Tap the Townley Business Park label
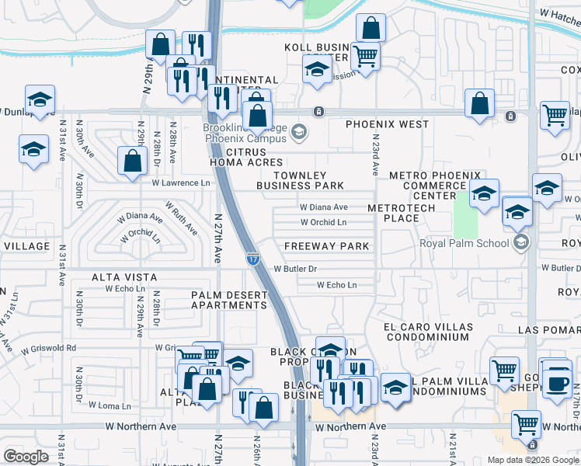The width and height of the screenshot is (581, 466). [300, 181]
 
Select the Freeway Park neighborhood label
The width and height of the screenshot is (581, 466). [326, 246]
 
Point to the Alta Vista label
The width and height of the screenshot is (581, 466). [124, 277]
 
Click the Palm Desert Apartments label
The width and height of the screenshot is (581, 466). [230, 300]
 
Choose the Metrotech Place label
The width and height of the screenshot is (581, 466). [393, 213]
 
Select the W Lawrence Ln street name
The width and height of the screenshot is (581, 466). [181, 183]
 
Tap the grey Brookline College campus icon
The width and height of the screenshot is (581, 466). [297, 133]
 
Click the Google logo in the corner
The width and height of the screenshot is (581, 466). [26, 456]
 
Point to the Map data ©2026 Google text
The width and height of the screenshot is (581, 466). [532, 459]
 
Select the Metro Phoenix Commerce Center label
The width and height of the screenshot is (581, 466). [435, 186]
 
